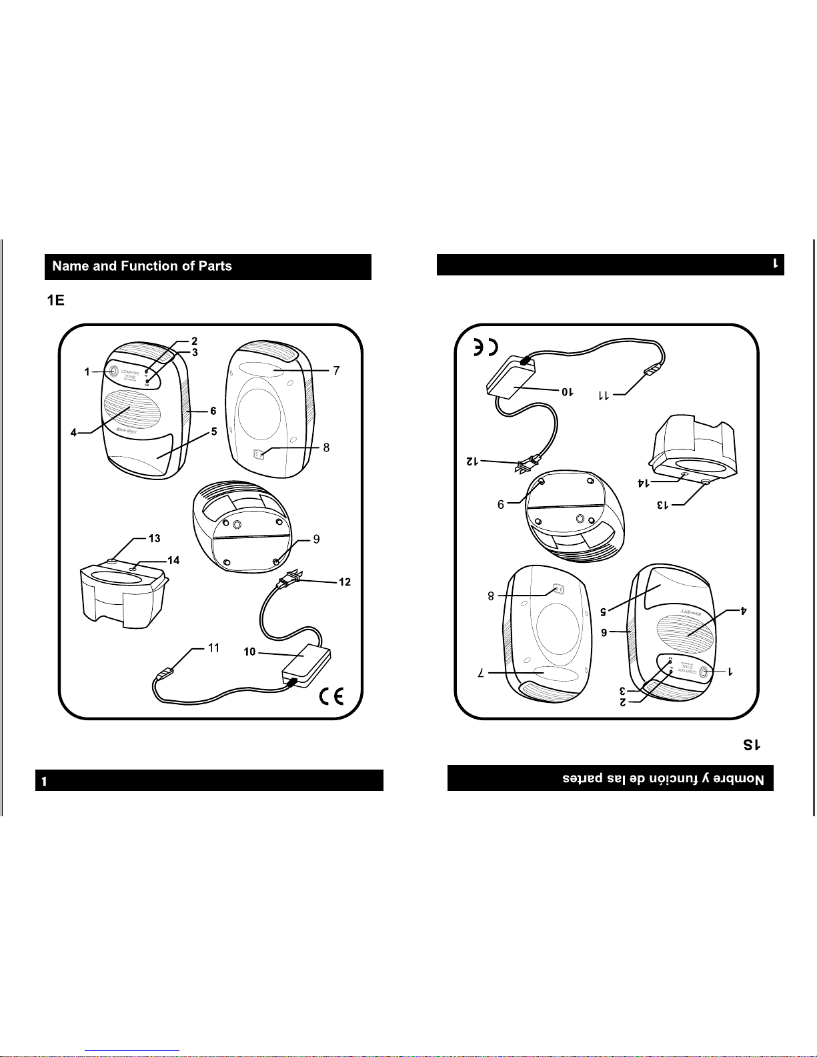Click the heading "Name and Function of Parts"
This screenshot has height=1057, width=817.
click(142, 266)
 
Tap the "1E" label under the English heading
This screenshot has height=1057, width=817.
click(55, 301)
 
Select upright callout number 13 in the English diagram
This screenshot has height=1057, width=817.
click(154, 538)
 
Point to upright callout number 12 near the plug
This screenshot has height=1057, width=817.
click(345, 582)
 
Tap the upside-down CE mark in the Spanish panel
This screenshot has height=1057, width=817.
click(486, 347)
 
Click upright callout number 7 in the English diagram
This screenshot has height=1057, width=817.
click(336, 371)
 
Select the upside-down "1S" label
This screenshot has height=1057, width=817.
click(752, 745)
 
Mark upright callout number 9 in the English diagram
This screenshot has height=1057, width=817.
click(316, 539)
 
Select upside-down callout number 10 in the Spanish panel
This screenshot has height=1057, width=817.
click(566, 391)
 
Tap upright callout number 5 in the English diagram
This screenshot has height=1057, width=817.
click(214, 432)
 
